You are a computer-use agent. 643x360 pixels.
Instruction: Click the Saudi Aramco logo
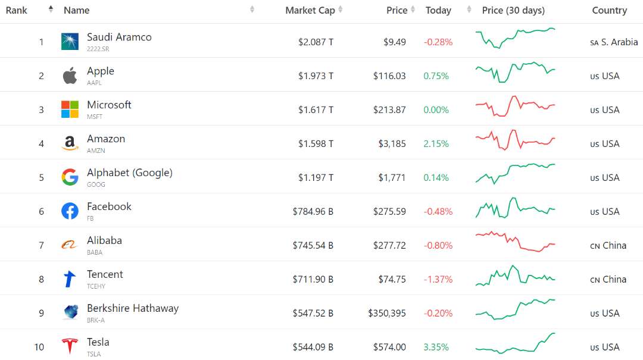coord(70,42)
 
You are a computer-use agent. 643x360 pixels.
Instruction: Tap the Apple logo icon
coord(70,76)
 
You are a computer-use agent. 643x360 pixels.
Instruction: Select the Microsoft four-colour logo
coord(70,109)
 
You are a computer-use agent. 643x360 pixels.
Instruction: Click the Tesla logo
coord(70,346)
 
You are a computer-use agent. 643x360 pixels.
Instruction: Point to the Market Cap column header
coord(310,10)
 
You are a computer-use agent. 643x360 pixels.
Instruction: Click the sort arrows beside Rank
coord(51,10)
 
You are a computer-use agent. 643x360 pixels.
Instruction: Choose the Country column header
coord(609,10)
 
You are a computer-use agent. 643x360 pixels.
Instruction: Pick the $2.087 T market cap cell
coord(316,42)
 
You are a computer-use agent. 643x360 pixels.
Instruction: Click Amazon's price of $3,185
coord(392,144)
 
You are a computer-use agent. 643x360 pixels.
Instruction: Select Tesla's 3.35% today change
coord(436,348)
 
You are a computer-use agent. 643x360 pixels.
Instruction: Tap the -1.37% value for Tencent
coord(438,280)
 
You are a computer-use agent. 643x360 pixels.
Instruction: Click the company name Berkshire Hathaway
coord(132,308)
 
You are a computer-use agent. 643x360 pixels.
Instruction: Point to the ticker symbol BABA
coord(95,252)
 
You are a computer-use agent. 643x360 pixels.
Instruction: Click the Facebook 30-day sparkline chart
coord(515,209)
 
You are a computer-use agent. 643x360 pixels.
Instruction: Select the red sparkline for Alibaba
coord(515,242)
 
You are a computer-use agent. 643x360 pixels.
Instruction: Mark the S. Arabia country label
coord(619,42)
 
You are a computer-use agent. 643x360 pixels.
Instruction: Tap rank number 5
coord(42,178)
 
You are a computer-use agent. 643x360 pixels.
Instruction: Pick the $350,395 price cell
coord(387,314)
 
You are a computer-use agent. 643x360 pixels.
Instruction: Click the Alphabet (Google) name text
coord(129,173)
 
